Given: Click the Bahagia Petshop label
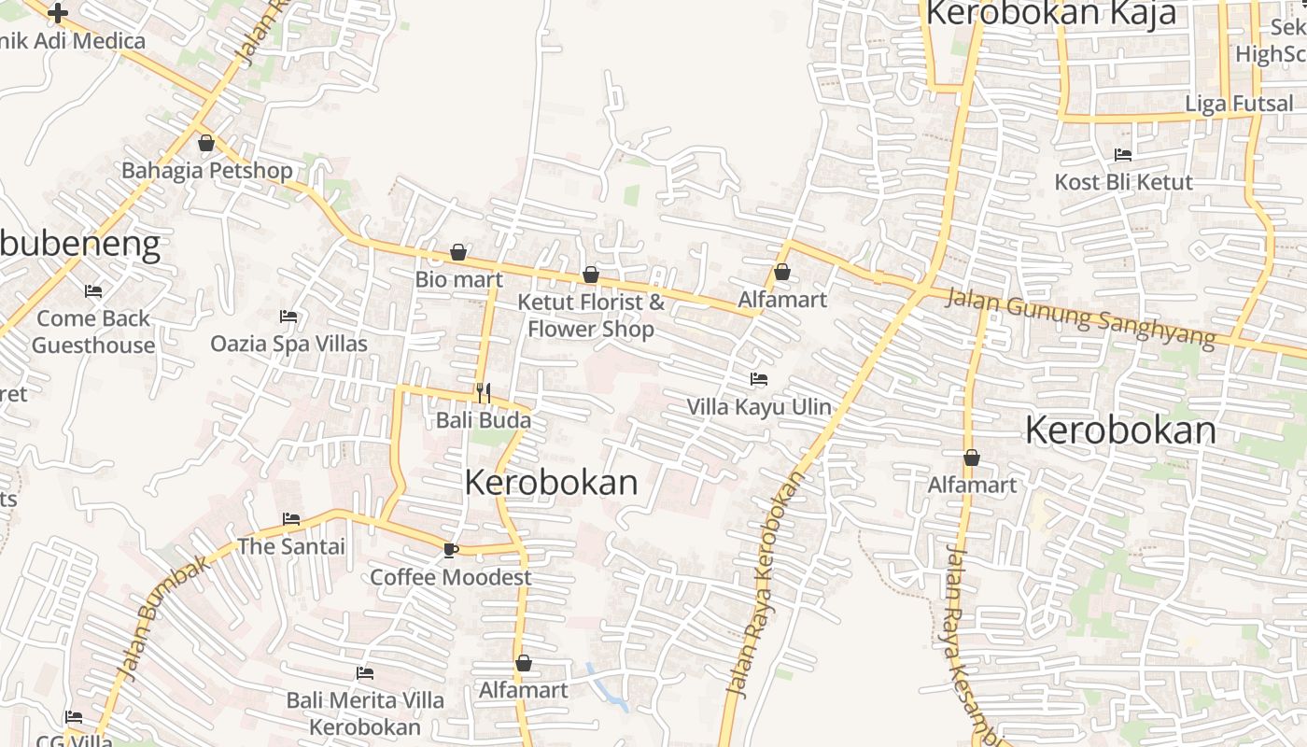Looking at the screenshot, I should pos(207,171).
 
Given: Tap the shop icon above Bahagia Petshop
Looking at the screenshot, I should pos(206,143).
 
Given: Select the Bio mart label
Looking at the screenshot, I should pos(459,279).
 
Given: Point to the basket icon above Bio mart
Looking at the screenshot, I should pos(458,252).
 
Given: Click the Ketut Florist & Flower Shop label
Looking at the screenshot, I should pos(591,316).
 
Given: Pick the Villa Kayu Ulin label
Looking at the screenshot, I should pos(759,407).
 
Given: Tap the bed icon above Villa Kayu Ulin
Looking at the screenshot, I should pos(759,379).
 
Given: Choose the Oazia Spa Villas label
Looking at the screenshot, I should pos(288,344).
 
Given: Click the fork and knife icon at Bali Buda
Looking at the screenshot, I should pos(483,393).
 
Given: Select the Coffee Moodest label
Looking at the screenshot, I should pos(451,577).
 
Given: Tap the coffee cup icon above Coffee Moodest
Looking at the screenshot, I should pos(450,550).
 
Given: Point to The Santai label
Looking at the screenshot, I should pos(291,546).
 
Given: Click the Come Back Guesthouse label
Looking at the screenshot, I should pos(93,331).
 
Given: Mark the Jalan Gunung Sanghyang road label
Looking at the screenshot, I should pos(1081,318).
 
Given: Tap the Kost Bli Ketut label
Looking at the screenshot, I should pos(1124,182).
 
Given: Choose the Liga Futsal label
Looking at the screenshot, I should pos(1239,104).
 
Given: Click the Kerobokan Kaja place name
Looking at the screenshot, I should pos(1050,14).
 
